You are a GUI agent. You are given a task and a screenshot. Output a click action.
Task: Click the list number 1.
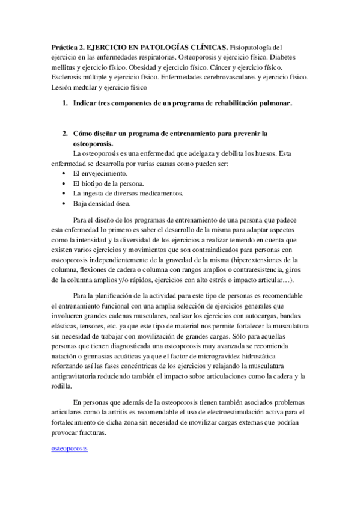point(64,103)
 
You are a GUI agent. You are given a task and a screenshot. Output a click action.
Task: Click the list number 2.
point(64,134)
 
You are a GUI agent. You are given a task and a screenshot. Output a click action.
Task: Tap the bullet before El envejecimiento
point(64,173)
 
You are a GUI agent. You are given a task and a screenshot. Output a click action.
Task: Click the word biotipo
point(93,183)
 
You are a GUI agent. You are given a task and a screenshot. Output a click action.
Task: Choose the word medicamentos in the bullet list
point(162,193)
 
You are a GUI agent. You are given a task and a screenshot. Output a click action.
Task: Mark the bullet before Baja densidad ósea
point(64,203)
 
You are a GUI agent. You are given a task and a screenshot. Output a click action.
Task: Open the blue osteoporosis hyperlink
point(69,449)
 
